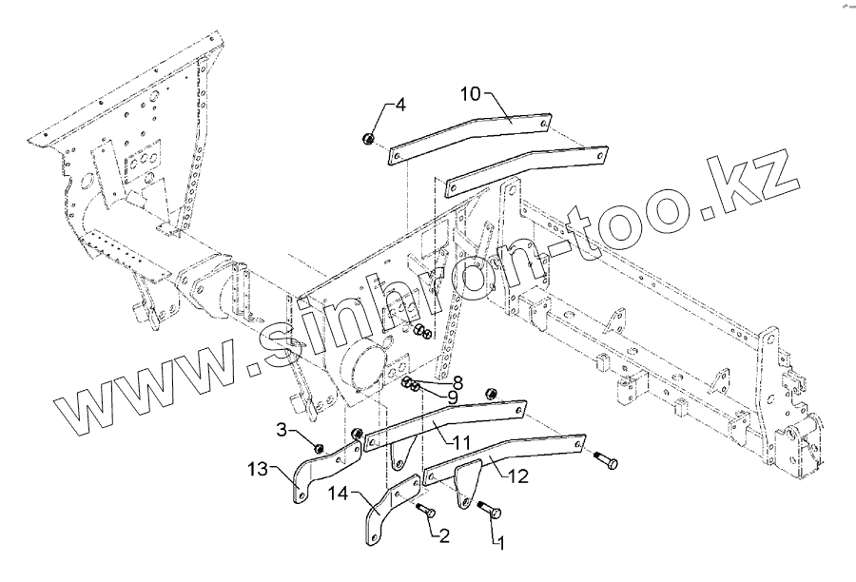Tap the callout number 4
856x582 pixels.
400,105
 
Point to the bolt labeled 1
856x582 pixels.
487,511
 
